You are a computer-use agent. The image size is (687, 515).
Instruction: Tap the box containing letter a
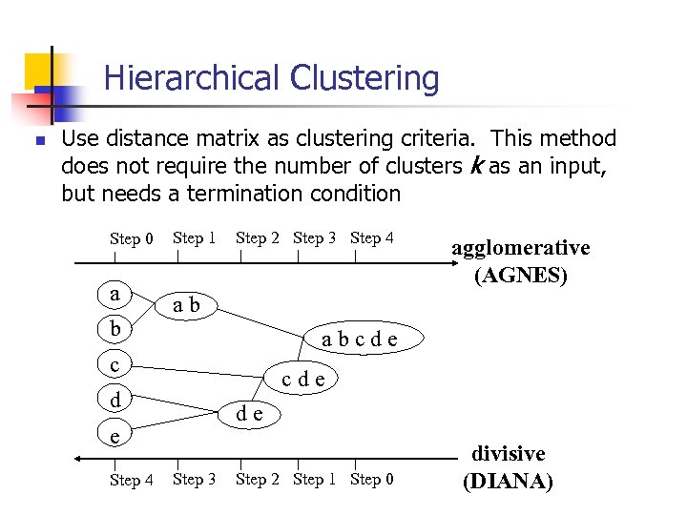tap(115, 294)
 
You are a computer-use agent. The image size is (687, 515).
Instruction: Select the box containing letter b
tap(115, 329)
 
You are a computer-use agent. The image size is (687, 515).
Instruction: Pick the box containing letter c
tap(115, 364)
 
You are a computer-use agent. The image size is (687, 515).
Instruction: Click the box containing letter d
tap(115, 400)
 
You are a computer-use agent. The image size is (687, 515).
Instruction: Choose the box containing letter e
tap(115, 435)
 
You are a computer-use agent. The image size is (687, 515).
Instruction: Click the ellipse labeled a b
tap(186, 305)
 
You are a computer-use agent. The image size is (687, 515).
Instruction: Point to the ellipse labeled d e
tap(250, 413)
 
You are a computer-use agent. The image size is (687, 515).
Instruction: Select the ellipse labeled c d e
tap(303, 379)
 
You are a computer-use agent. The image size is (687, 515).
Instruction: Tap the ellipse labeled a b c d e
tap(359, 339)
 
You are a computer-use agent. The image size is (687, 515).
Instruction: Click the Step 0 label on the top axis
tap(132, 238)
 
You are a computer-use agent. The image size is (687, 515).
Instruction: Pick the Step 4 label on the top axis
tap(372, 237)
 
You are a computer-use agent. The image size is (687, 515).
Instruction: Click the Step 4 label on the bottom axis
tap(132, 480)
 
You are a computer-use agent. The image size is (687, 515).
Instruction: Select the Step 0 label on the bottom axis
tap(372, 479)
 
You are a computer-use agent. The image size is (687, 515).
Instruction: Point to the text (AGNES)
tap(521, 277)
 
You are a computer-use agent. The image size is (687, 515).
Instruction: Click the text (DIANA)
tap(508, 482)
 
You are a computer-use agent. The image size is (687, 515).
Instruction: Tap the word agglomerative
tap(521, 248)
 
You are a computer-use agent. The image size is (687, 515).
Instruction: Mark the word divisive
tap(508, 454)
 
